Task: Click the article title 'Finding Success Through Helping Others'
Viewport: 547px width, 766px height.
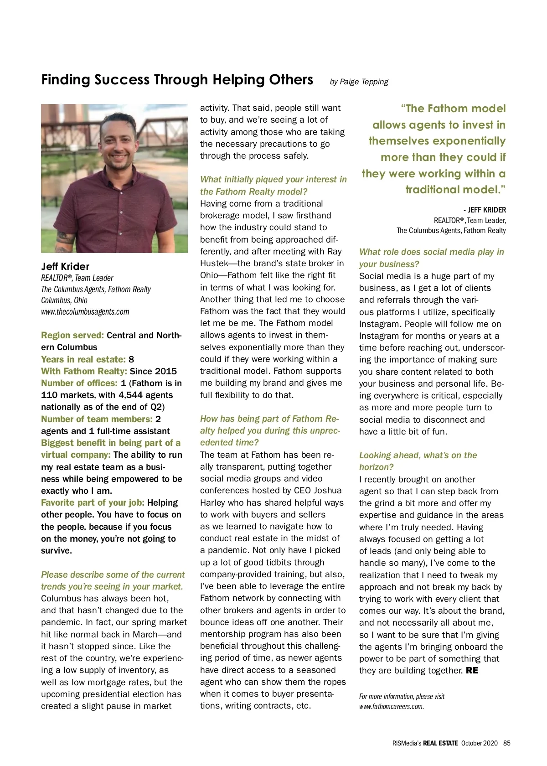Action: point(177,80)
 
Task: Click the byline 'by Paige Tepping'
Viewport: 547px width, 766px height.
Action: point(359,82)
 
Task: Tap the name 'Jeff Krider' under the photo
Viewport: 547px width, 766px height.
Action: point(65,266)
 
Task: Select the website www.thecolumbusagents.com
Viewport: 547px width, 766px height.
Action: point(85,312)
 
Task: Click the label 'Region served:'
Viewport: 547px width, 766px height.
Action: point(72,336)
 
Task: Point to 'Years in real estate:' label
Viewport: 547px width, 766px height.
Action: point(83,359)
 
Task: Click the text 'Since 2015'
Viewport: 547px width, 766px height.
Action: point(153,371)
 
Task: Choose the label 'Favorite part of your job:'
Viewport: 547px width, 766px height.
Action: point(93,502)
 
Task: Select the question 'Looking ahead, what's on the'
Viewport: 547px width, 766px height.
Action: point(418,455)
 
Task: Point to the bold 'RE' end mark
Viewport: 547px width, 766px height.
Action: point(472,671)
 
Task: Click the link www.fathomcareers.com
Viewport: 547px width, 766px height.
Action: point(391,707)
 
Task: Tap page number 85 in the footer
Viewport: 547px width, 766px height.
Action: point(507,743)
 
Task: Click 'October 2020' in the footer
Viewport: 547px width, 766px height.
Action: point(479,743)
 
